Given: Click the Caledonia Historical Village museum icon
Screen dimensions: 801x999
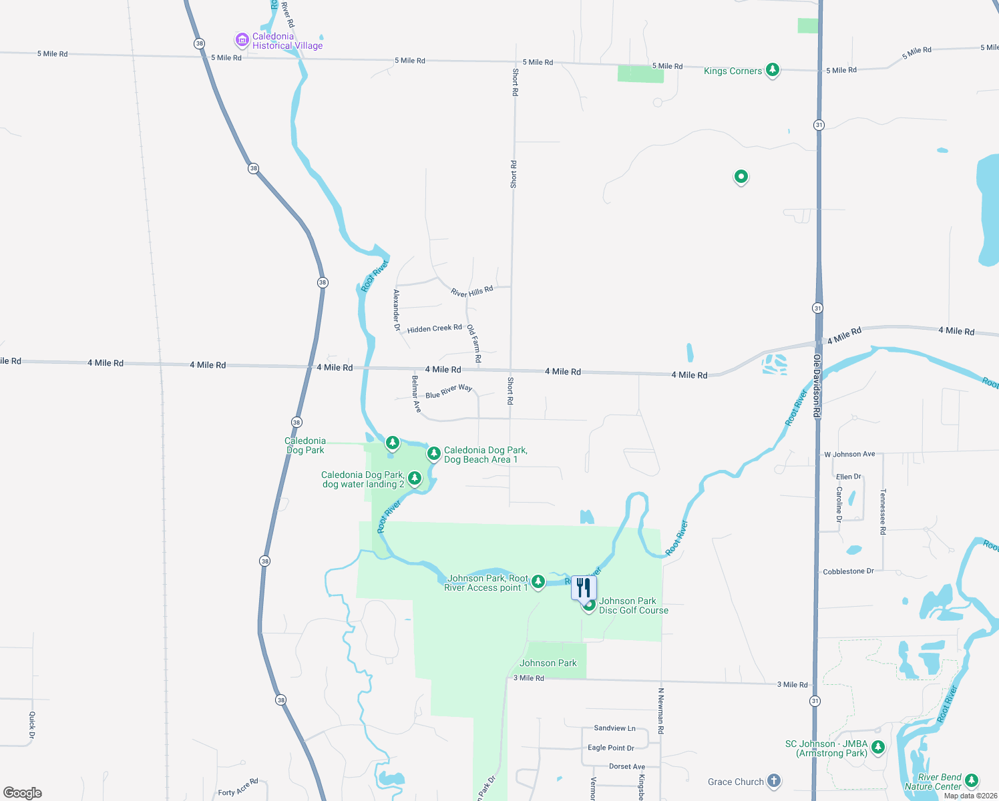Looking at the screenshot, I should [242, 40].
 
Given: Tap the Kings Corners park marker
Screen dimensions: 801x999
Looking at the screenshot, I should [773, 69].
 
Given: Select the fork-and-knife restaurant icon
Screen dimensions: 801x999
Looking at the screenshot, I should [584, 588].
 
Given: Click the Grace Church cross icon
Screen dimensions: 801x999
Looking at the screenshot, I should [774, 780].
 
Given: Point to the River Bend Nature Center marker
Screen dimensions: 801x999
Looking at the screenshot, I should [972, 780].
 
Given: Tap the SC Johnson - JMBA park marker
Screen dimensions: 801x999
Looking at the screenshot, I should [878, 747].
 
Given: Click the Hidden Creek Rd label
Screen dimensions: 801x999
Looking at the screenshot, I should [434, 328].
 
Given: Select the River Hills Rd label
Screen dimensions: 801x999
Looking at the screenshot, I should [471, 291].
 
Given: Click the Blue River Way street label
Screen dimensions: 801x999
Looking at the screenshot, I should [449, 391].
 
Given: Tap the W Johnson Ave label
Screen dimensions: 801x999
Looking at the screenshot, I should [849, 454].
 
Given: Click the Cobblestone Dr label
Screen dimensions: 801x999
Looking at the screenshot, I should [848, 571].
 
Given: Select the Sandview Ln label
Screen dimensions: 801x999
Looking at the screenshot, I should [614, 728].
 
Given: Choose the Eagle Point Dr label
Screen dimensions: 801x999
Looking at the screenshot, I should [610, 748].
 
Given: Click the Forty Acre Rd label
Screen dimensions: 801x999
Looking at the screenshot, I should [238, 788].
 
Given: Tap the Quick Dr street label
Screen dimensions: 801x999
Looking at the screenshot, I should [32, 726].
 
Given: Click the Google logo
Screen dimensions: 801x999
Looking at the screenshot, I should [23, 792].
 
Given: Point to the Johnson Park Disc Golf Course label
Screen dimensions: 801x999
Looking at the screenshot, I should [633, 605].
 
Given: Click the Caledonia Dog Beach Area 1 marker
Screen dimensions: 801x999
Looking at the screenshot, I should [433, 454].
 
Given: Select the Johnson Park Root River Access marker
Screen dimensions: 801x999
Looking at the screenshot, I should [538, 581].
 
